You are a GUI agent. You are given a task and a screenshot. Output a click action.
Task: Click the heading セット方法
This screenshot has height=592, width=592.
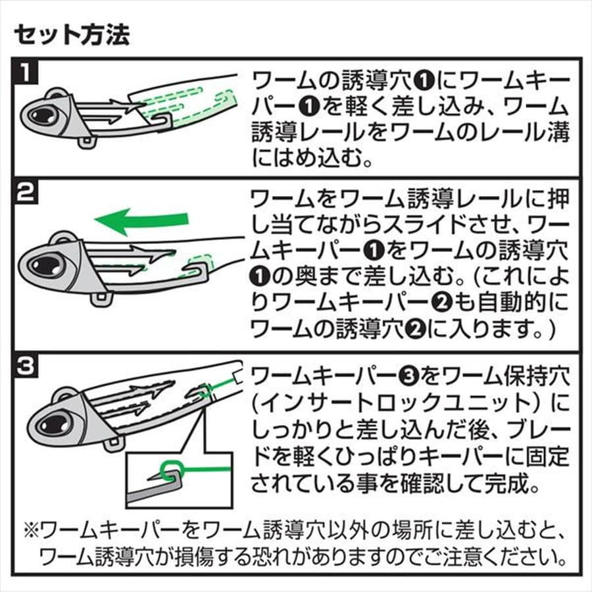[x=72, y=34]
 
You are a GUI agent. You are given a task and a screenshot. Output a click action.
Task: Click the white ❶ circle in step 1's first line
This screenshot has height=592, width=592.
[x=423, y=81]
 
